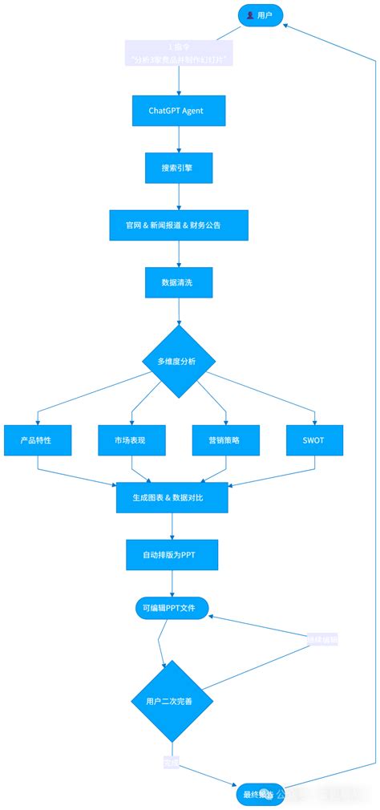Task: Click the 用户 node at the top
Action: point(260,14)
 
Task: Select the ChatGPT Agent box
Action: point(179,111)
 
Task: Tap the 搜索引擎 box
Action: point(179,168)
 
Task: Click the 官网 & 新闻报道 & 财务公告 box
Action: point(179,225)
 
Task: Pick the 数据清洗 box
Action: point(179,282)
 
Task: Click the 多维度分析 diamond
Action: point(179,362)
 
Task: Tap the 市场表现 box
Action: point(131,439)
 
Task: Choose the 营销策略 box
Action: point(224,439)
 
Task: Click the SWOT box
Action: point(315,439)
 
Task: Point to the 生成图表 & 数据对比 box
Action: point(172,497)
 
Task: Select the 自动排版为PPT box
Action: point(172,554)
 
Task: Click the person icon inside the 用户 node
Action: point(250,14)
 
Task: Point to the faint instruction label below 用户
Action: point(179,54)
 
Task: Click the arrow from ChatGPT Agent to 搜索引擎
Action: point(179,140)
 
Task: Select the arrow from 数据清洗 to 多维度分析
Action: point(179,313)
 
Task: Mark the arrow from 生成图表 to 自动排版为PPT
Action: point(172,526)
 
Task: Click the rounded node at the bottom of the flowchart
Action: point(259,795)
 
